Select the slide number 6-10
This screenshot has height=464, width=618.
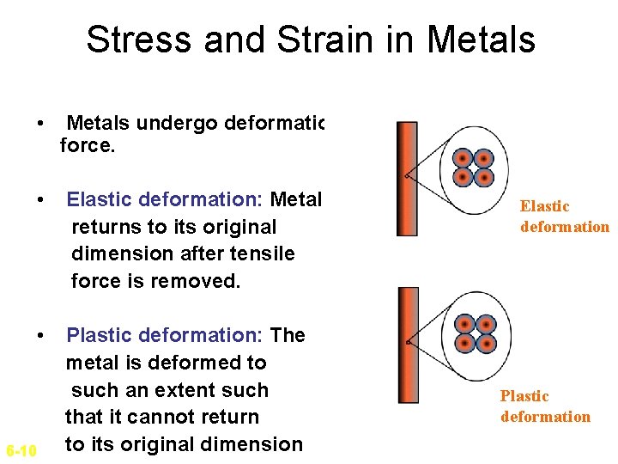21,450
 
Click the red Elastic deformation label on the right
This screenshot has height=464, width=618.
564,217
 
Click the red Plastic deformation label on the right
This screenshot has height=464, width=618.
545,406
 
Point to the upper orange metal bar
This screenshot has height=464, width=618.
407,179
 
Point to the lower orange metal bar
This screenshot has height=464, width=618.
408,345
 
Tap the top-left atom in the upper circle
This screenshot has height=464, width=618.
463,158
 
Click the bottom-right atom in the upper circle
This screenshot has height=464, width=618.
484,178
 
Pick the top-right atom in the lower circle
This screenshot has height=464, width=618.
486,325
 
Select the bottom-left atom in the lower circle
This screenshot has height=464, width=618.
464,345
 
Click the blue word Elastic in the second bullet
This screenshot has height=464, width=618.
102,200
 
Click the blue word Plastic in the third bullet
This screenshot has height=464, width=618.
102,335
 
